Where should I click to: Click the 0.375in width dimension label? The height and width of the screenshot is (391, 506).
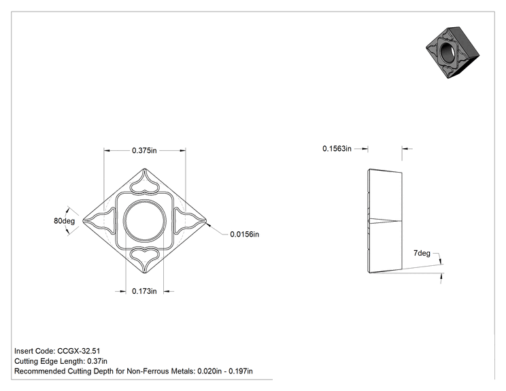[144, 150]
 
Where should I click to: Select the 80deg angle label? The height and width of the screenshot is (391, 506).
[64, 221]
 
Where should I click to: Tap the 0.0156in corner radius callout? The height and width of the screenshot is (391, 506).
[244, 234]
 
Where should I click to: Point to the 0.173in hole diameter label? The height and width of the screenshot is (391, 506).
[144, 291]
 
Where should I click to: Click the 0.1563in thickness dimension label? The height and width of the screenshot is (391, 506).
[337, 148]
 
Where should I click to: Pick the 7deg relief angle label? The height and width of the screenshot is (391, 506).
[422, 253]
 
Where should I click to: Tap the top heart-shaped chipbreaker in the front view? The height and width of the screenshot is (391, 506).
[144, 183]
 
